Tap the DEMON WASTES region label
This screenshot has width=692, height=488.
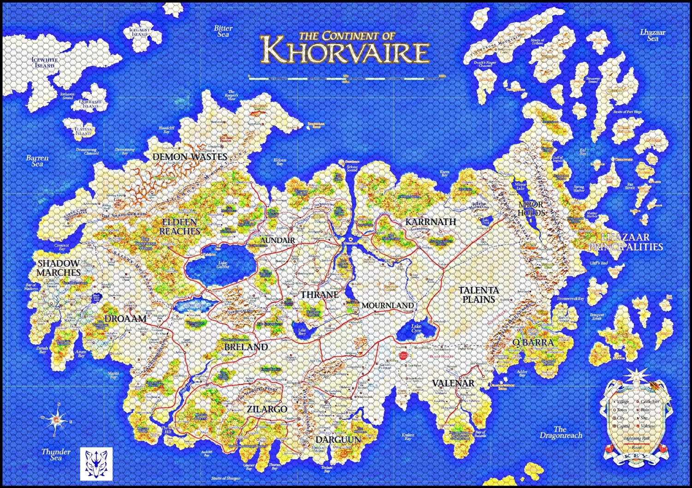[x=190, y=157]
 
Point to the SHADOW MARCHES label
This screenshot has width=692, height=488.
[x=59, y=268]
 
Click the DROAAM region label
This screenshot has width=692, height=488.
[x=125, y=319]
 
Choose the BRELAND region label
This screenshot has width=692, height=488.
[x=246, y=347]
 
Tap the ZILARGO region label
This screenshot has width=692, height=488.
[x=267, y=409]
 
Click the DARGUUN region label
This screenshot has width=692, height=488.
[x=338, y=440]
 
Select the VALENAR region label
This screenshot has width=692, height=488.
[x=453, y=383]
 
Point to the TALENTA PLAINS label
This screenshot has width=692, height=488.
[x=479, y=295]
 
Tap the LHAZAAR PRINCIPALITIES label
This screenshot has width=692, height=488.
[x=625, y=242]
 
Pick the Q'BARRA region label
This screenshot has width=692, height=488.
[x=533, y=342]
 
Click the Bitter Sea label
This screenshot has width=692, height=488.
[x=223, y=31]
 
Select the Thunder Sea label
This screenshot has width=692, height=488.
[x=56, y=454]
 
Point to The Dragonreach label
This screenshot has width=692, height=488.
[x=561, y=432]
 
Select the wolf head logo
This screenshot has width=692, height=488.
[x=96, y=463]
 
